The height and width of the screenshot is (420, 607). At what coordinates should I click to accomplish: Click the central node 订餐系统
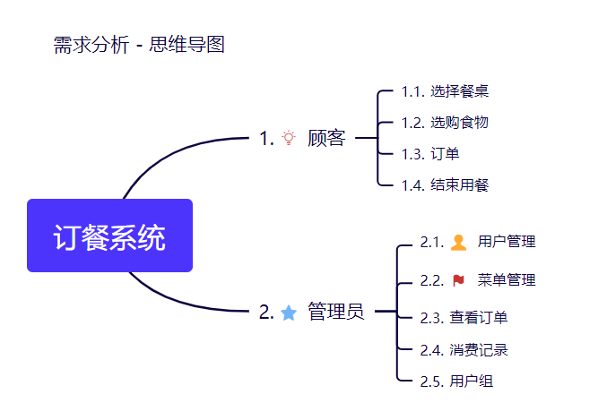[109, 236]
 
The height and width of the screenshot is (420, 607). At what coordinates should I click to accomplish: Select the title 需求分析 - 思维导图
[139, 45]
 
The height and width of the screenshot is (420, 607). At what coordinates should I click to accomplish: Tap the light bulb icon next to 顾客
[289, 138]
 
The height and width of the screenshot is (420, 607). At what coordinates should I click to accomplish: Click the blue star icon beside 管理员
[289, 313]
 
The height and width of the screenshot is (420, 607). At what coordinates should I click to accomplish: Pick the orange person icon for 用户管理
[458, 243]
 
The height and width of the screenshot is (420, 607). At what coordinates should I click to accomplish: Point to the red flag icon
[458, 280]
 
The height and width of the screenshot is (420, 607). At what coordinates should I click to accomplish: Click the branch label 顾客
[326, 138]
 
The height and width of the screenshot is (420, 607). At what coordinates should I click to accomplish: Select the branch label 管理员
[335, 312]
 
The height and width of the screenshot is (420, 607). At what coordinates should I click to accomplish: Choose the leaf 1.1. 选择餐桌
[445, 91]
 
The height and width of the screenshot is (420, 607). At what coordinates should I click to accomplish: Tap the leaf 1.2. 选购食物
[445, 123]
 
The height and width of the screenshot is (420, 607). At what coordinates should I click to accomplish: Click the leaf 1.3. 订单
[430, 154]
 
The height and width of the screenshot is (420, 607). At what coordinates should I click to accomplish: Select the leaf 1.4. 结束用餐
[445, 185]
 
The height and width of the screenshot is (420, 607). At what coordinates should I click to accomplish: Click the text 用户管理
[507, 242]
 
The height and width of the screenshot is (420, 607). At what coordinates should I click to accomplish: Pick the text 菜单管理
[507, 280]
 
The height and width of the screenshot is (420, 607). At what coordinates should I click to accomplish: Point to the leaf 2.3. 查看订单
[464, 318]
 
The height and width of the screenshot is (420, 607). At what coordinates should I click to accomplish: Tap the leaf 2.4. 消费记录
[464, 350]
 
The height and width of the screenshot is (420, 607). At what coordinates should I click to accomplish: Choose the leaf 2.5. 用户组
[456, 381]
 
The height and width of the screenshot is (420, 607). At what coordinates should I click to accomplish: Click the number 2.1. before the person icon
[432, 242]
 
